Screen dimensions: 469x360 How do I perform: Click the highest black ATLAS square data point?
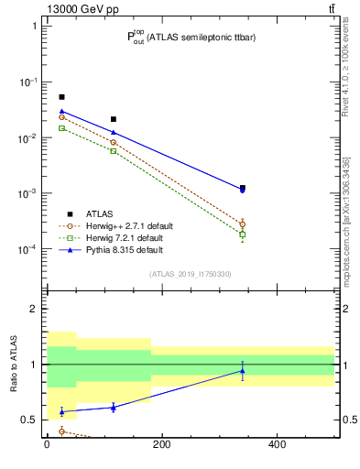click(x=61, y=97)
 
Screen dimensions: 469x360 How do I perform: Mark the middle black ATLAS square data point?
click(x=114, y=119)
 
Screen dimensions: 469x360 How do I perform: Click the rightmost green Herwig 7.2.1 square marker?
click(x=242, y=234)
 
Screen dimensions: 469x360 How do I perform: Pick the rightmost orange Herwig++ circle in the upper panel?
click(x=242, y=224)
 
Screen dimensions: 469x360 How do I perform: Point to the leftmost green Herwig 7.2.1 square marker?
click(x=61, y=128)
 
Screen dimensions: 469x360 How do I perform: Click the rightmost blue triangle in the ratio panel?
click(x=242, y=371)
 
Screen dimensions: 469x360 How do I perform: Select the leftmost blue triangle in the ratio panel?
click(x=61, y=412)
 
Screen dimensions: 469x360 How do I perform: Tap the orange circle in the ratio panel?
click(x=61, y=431)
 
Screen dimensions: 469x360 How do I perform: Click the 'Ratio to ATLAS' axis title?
click(x=14, y=365)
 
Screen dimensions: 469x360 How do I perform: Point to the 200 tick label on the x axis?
click(x=162, y=445)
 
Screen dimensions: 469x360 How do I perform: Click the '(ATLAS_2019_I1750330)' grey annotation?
click(x=190, y=274)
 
